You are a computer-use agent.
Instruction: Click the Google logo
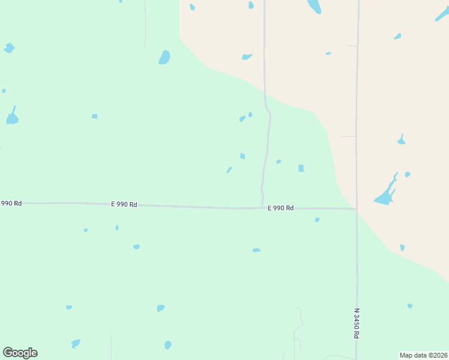(20, 353)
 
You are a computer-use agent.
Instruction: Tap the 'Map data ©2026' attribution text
(423, 355)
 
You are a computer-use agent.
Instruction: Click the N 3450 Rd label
(356, 324)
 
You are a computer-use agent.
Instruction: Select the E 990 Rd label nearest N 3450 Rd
(280, 208)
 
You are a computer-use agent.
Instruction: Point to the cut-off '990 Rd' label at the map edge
(11, 203)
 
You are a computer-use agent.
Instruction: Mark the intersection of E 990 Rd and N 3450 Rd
(357, 209)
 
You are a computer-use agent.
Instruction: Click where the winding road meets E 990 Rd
(263, 208)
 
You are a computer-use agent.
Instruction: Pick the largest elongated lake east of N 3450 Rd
(385, 193)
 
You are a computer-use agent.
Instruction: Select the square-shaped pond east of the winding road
(301, 169)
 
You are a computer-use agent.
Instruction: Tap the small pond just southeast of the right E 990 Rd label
(317, 220)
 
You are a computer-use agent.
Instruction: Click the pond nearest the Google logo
(76, 344)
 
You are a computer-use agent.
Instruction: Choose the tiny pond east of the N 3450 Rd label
(410, 306)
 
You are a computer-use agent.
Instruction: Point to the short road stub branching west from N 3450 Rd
(349, 137)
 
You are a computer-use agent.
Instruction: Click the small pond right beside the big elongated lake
(408, 175)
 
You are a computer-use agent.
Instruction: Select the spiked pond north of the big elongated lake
(401, 140)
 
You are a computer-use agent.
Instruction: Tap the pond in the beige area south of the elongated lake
(402, 247)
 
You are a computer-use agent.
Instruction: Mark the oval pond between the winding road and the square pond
(279, 161)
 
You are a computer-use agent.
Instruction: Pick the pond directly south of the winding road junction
(256, 250)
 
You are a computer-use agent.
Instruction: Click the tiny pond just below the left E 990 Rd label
(117, 227)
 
